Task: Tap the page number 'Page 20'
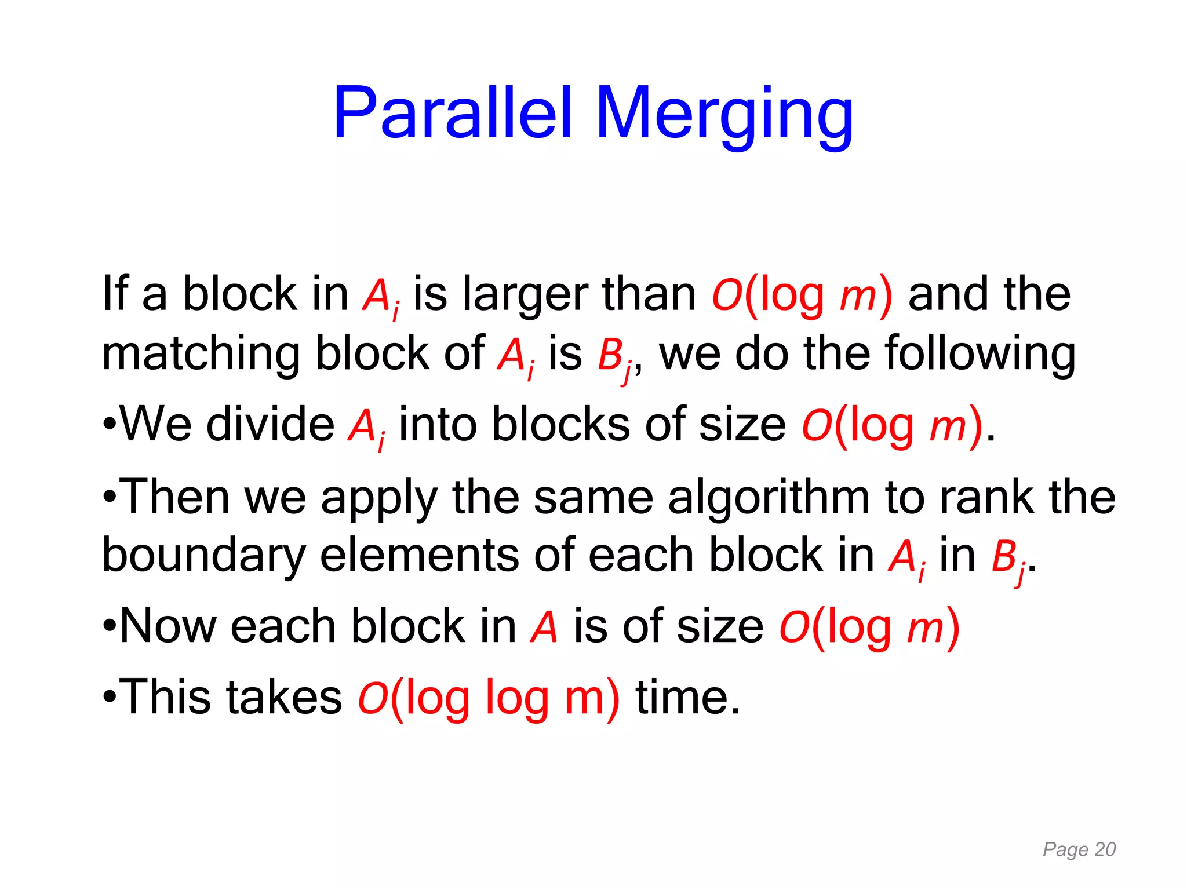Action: [x=1079, y=849]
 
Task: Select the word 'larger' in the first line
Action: [x=525, y=296]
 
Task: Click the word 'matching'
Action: [x=201, y=355]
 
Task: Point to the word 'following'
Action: [x=980, y=355]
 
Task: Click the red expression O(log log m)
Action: [x=489, y=698]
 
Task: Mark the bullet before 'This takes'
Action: [x=110, y=698]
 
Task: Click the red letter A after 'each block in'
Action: [x=544, y=627]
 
